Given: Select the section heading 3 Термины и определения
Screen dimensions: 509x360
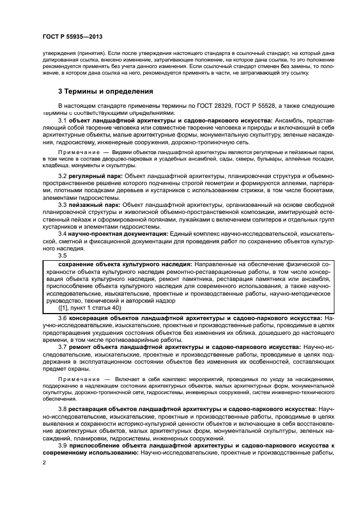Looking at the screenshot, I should pos(106,91).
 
